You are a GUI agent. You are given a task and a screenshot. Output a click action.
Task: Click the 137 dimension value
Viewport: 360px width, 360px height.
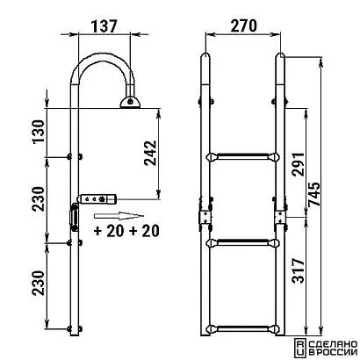[104, 25]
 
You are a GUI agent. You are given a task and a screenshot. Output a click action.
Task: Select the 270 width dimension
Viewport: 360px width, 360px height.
[244, 25]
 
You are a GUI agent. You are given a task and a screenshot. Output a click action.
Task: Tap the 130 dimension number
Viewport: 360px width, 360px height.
[39, 131]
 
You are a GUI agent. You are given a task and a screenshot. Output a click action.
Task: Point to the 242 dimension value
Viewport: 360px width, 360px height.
[150, 153]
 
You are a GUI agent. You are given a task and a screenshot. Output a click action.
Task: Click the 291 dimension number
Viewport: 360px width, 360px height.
[299, 163]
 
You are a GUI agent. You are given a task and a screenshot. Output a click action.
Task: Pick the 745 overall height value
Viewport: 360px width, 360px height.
[314, 195]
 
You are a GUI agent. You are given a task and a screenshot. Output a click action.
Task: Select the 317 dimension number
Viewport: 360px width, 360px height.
[299, 270]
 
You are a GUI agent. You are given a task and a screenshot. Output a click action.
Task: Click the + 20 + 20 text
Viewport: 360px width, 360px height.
[126, 231]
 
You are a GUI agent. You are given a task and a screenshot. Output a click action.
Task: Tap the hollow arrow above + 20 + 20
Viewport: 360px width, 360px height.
[119, 216]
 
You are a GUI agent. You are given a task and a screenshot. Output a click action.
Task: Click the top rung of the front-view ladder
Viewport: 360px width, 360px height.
[243, 157]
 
